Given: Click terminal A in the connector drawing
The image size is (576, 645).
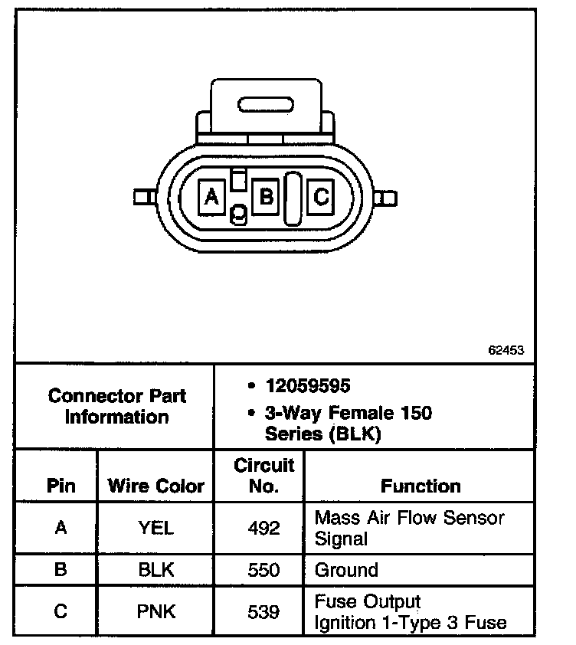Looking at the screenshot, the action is click(211, 198).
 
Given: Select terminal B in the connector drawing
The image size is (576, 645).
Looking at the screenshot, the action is click(265, 198).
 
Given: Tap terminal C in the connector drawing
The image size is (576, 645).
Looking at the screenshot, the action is click(321, 198).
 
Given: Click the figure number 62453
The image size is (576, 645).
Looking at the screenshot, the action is click(506, 350).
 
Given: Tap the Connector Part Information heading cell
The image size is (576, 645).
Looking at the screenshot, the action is click(116, 407).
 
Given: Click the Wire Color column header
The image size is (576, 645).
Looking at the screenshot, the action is click(156, 486).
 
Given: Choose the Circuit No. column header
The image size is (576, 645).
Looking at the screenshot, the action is click(263, 475).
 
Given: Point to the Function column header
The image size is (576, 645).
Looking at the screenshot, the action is click(421, 486).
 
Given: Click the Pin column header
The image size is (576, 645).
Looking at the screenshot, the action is click(62, 486).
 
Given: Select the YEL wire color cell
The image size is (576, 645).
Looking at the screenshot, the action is click(156, 528).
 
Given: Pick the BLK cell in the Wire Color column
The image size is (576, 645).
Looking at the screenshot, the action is click(156, 570).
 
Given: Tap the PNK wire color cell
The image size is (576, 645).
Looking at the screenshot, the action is click(156, 611).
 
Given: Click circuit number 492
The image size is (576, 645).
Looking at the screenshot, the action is click(263, 528).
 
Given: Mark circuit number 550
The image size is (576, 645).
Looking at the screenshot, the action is click(263, 570).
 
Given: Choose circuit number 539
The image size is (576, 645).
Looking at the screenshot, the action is click(263, 611).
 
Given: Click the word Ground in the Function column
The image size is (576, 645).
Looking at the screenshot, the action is click(346, 570).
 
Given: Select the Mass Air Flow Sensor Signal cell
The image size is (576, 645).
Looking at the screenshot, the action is click(409, 528).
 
